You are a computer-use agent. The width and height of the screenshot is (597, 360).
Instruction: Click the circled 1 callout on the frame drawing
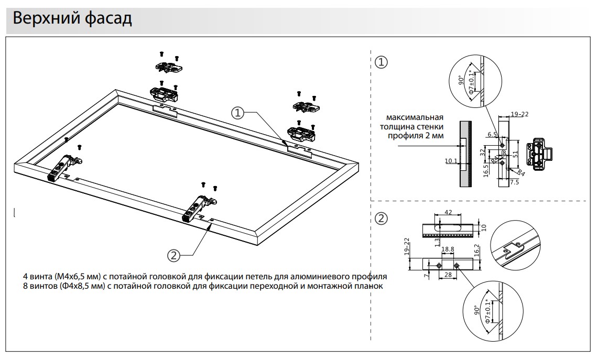(238, 113)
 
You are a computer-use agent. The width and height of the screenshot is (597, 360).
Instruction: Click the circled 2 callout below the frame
(174, 255)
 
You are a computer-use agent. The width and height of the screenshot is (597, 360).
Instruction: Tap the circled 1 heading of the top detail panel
(382, 62)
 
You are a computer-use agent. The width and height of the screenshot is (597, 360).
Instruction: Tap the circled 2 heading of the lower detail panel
(382, 219)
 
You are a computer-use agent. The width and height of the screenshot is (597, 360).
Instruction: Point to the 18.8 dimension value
(448, 250)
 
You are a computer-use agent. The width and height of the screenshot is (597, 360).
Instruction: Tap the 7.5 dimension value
(514, 182)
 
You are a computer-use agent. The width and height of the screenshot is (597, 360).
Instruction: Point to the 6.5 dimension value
(492, 134)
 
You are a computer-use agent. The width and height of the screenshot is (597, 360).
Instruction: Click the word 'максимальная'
(415, 117)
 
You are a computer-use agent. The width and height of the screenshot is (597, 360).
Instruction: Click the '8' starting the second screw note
(25, 286)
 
